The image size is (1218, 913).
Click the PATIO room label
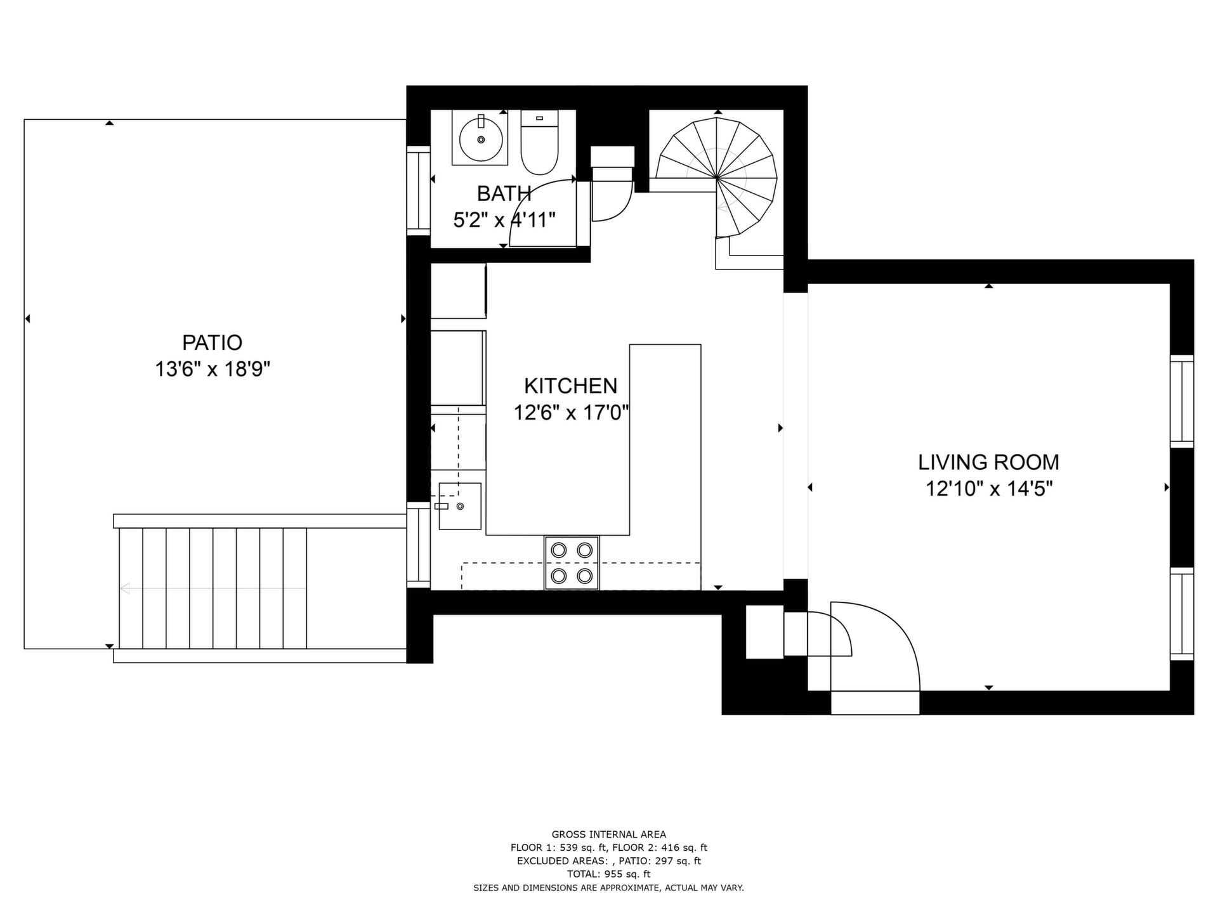(212, 342)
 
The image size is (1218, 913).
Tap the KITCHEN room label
(570, 385)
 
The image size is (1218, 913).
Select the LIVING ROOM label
(988, 462)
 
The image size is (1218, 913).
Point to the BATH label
(504, 193)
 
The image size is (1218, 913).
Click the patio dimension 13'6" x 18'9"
(213, 369)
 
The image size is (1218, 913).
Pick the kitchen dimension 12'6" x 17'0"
(571, 413)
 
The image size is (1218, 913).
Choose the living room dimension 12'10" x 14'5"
(989, 489)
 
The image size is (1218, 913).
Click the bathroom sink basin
(480, 138)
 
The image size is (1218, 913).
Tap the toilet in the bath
(539, 142)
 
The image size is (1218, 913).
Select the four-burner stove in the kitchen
(572, 563)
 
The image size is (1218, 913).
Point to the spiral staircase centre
(717, 178)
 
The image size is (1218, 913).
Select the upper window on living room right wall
(1182, 401)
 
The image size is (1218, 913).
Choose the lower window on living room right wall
(1182, 615)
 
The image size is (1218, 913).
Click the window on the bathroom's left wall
(418, 191)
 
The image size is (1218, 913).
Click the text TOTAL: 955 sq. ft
(608, 874)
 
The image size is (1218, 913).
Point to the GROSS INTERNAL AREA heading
(608, 834)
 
